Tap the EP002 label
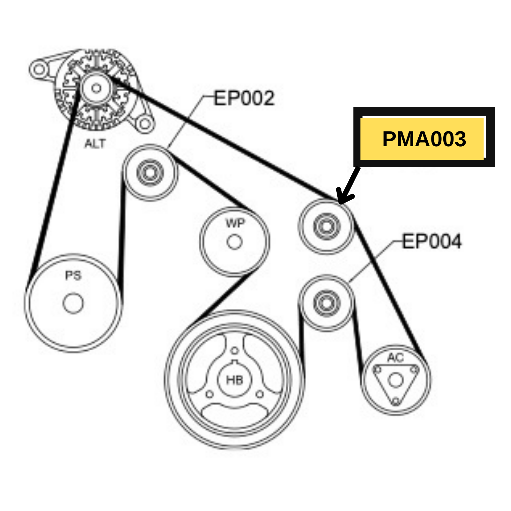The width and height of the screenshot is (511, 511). [244, 98]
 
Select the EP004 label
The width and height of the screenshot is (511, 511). [432, 241]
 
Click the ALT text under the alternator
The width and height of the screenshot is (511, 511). [95, 144]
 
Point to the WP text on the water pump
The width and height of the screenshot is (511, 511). [235, 223]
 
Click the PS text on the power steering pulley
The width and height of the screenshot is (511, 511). [73, 275]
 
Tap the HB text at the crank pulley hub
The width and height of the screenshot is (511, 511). [235, 380]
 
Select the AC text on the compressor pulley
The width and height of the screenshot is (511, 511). [395, 358]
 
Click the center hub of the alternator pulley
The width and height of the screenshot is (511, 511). [96, 88]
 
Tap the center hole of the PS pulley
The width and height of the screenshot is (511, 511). [73, 303]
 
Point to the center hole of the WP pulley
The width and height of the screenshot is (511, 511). [235, 242]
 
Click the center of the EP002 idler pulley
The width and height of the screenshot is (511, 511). [150, 172]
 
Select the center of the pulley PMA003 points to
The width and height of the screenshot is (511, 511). [326, 226]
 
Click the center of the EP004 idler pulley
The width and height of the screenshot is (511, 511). [326, 303]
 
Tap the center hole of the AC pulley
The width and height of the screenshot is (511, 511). [395, 380]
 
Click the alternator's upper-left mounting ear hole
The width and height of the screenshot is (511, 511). [39, 69]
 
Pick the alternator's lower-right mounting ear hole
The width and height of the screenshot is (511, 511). [145, 124]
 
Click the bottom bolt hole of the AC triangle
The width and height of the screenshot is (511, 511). [396, 400]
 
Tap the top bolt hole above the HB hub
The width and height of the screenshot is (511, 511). [235, 351]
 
